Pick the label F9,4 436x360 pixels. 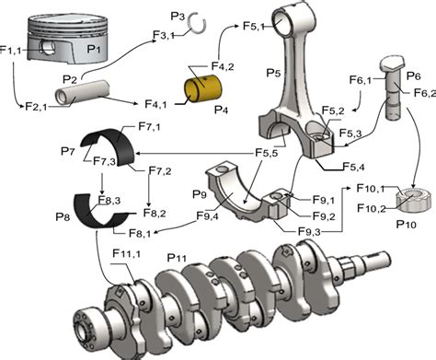(x=180, y=217)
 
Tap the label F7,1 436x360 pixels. (x=149, y=126)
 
